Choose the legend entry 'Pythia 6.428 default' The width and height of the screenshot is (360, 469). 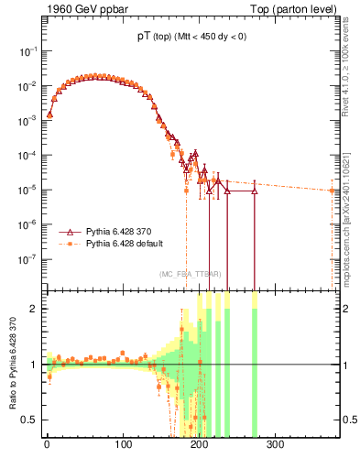tap(128, 244)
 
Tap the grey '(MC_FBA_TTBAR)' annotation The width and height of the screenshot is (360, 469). tap(188, 274)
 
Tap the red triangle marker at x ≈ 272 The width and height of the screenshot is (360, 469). tap(254, 191)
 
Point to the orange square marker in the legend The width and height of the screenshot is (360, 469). tap(72, 244)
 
